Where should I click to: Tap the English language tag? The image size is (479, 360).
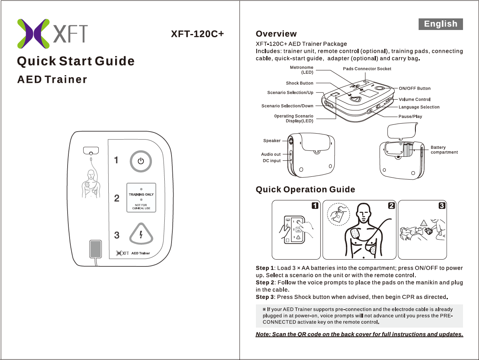[441, 24]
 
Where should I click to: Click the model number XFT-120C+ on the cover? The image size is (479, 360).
[198, 34]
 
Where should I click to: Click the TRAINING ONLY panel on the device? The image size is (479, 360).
[141, 198]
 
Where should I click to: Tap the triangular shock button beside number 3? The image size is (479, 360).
[141, 234]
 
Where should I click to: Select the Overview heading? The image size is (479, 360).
[276, 34]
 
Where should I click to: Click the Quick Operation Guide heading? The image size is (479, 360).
[305, 189]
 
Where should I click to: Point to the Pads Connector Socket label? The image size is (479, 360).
[367, 69]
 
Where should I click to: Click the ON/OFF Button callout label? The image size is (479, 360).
[414, 88]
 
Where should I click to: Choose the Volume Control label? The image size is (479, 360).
[414, 99]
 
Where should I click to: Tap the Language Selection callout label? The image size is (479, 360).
[419, 107]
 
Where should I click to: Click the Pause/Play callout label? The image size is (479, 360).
[410, 116]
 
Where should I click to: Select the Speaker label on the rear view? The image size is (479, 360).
[271, 141]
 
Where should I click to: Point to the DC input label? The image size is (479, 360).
[271, 161]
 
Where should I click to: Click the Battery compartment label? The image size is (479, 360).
[443, 150]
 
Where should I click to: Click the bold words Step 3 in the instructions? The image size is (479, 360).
[265, 297]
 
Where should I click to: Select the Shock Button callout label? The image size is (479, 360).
[299, 83]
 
